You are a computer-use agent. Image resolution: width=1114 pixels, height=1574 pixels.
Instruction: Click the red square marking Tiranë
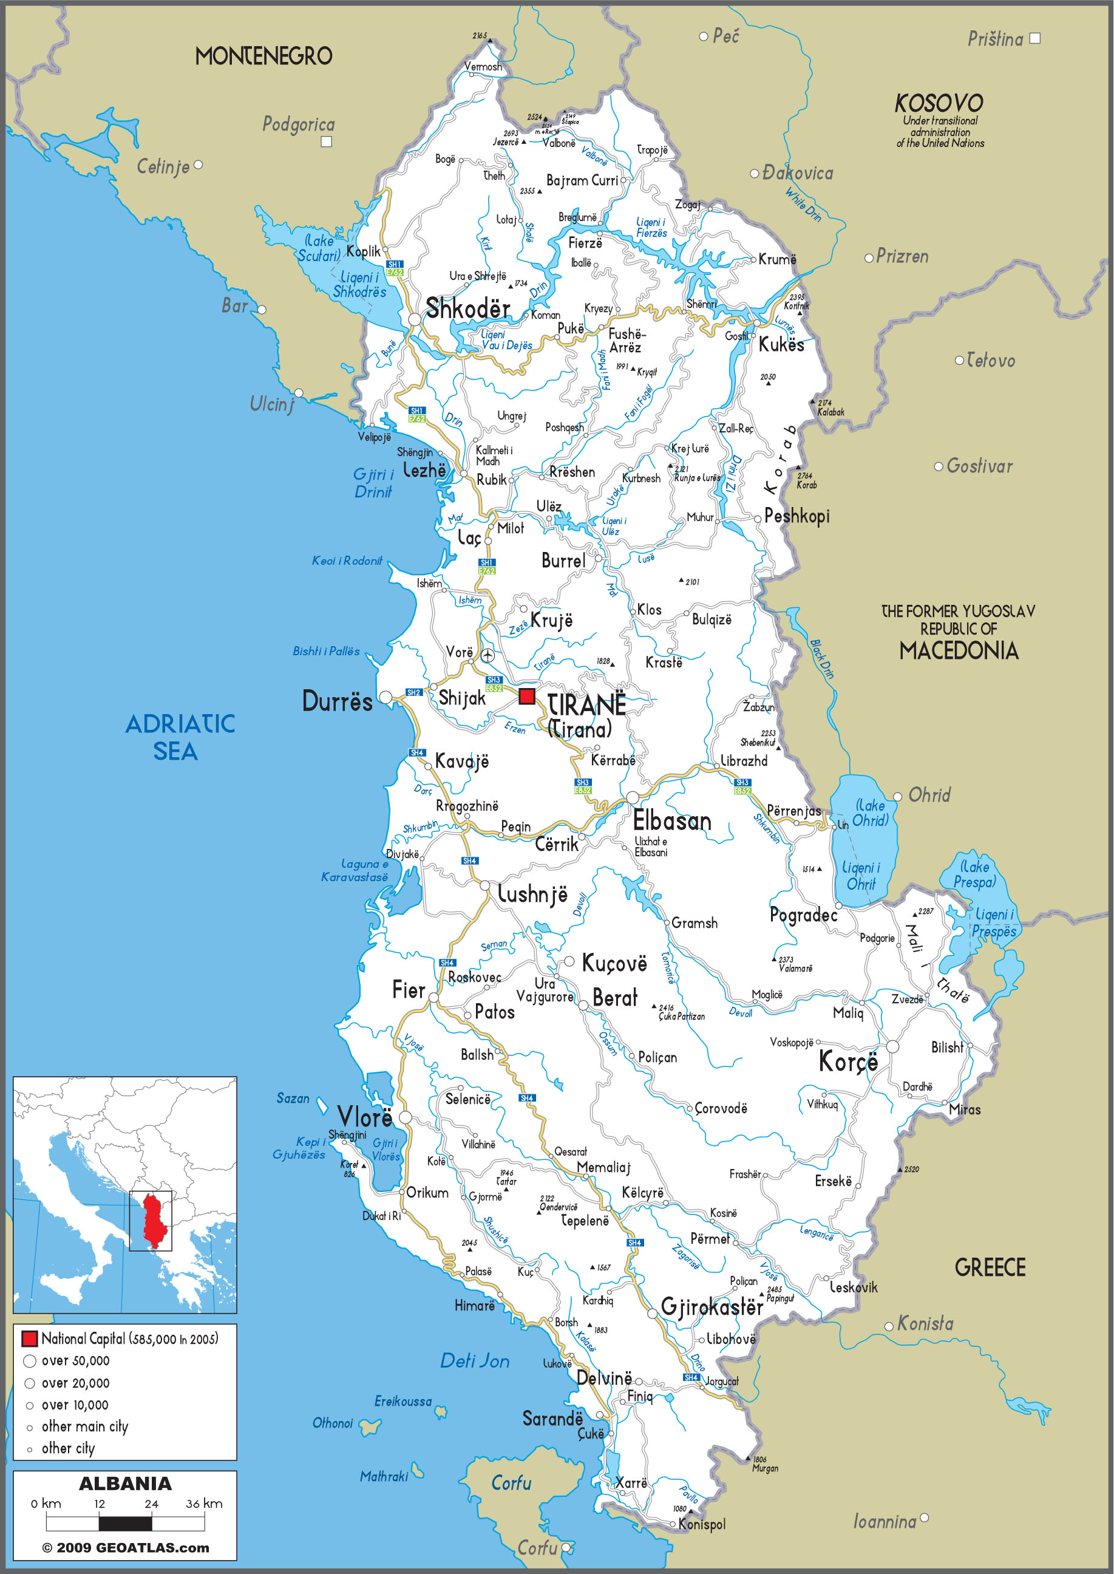(526, 697)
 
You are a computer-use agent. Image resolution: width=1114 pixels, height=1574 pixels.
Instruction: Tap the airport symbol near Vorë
(487, 655)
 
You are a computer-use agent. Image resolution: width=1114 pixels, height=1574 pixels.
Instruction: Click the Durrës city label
(337, 701)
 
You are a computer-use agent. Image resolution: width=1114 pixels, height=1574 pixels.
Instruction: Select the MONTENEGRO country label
(263, 56)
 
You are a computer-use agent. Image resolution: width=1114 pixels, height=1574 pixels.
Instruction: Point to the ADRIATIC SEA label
(180, 738)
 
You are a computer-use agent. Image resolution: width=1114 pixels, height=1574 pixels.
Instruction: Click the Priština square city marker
(1035, 38)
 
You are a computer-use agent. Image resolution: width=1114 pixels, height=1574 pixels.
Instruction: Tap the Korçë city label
(848, 1061)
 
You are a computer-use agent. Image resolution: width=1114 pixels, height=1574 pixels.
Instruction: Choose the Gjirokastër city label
(712, 1306)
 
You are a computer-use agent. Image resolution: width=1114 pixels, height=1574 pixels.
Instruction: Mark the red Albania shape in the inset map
(155, 1221)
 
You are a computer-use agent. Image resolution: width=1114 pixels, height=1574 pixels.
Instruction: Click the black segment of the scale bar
(125, 1524)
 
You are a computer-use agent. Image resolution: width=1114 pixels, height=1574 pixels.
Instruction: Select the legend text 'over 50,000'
(75, 1361)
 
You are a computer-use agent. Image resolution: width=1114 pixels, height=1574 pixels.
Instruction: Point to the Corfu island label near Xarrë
(511, 1483)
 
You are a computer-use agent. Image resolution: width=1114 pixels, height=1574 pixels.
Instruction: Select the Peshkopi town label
(796, 516)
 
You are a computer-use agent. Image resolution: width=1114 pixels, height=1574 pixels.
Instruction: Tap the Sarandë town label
(552, 1419)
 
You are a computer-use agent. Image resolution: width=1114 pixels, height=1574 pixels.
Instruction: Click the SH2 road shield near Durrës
(413, 692)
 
